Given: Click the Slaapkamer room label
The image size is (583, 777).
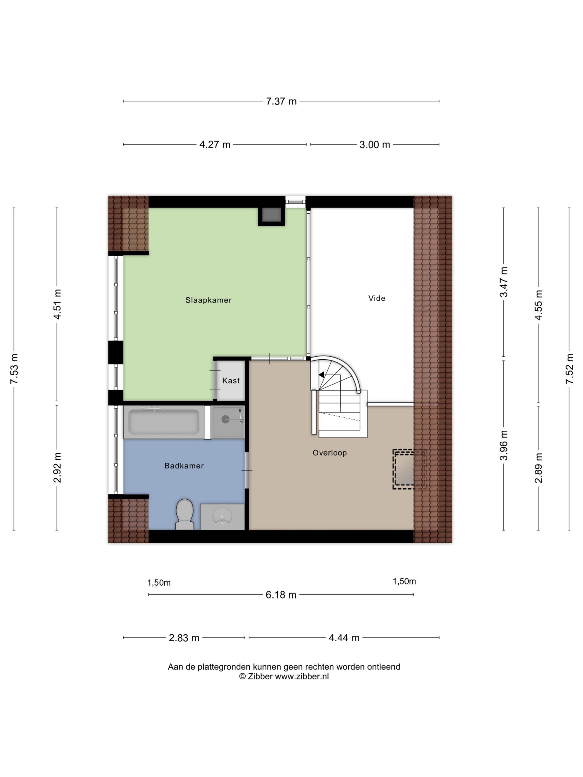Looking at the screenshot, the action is pyautogui.click(x=208, y=300).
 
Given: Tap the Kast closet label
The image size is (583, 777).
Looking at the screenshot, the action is pyautogui.click(x=231, y=380).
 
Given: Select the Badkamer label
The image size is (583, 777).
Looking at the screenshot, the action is pyautogui.click(x=184, y=466).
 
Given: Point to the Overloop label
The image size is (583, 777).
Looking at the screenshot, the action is pyautogui.click(x=330, y=453).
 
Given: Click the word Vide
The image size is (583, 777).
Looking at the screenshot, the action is pyautogui.click(x=377, y=298).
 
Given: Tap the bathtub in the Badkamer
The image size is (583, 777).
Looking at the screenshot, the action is pyautogui.click(x=164, y=422).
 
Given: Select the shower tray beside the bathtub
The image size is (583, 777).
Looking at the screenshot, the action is pyautogui.click(x=228, y=422).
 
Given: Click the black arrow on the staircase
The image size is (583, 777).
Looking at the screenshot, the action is pyautogui.click(x=321, y=375).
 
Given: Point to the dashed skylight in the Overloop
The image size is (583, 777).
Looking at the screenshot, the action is pyautogui.click(x=409, y=469).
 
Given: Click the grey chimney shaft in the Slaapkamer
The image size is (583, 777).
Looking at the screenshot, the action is pyautogui.click(x=271, y=215).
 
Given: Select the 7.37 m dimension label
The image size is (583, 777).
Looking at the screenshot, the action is pyautogui.click(x=281, y=101).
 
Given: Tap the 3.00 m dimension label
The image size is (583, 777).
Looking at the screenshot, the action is pyautogui.click(x=375, y=145).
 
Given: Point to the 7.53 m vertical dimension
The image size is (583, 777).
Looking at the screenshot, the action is pyautogui.click(x=14, y=369).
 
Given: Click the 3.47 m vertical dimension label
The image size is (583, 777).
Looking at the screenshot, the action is pyautogui.click(x=504, y=282).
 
